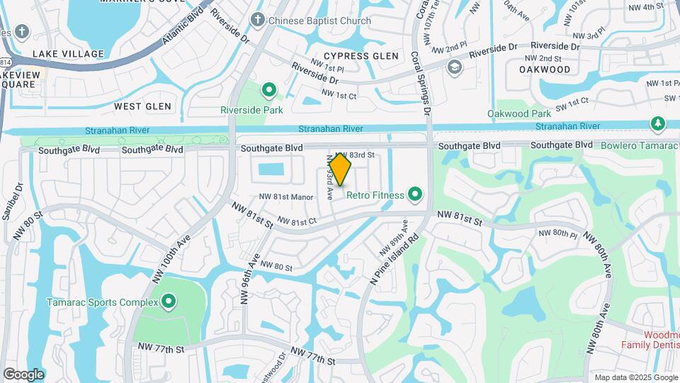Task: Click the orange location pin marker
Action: [340, 169]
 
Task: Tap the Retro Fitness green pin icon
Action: [415, 194]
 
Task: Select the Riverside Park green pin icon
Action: [268, 91]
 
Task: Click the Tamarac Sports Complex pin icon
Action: [169, 302]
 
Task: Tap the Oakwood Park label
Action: [518, 113]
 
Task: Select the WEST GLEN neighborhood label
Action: [142, 106]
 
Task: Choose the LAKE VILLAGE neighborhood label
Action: [68, 54]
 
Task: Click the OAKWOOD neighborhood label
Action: [545, 70]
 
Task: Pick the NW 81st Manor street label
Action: [286, 197]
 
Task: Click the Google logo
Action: [23, 374]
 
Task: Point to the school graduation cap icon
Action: [454, 67]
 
